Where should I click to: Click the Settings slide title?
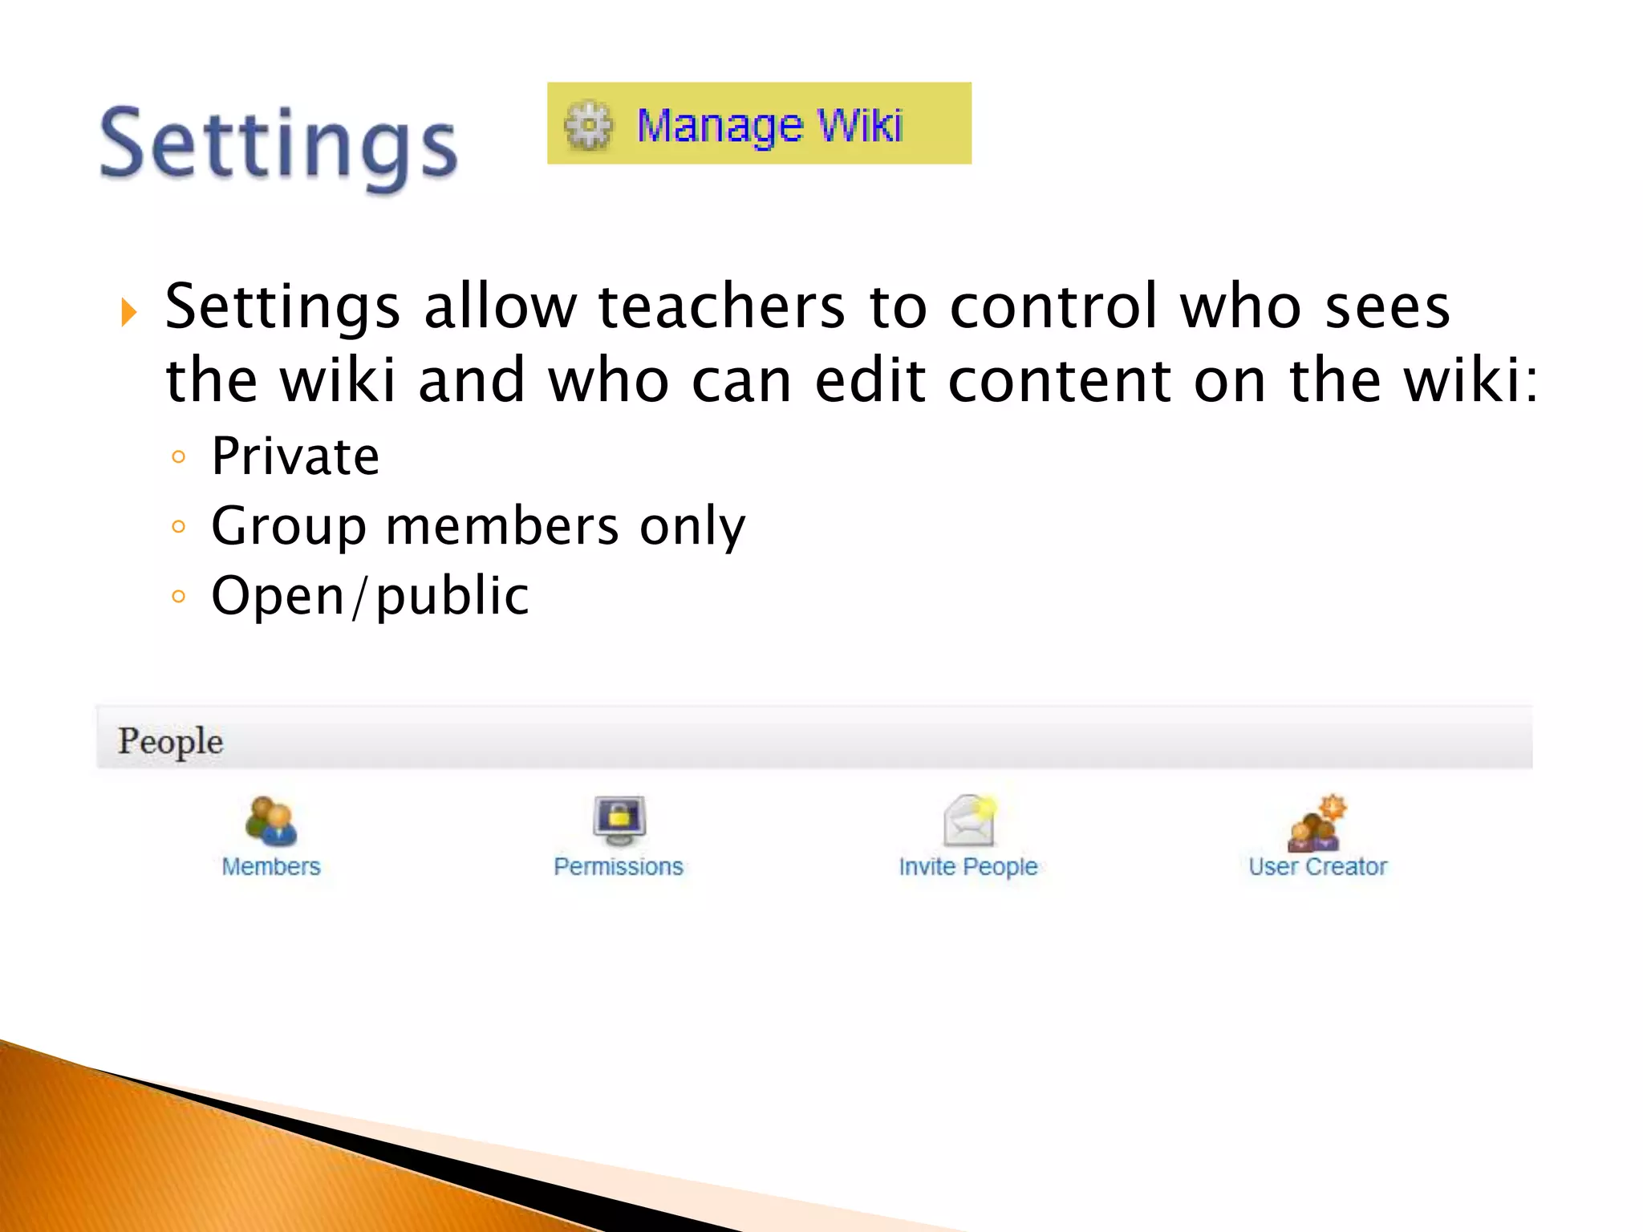click(278, 144)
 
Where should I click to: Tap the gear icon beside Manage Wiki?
click(588, 125)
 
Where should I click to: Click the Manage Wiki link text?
click(769, 126)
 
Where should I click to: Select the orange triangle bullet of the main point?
click(128, 311)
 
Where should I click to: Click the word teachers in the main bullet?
click(721, 306)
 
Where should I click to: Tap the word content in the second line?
click(1060, 380)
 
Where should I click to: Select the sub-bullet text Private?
click(295, 456)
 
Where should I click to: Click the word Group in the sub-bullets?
click(289, 526)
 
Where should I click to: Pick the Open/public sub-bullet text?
click(370, 596)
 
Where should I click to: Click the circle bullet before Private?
click(179, 457)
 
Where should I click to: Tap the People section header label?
click(170, 740)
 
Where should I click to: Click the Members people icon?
click(271, 821)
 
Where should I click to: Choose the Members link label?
click(271, 867)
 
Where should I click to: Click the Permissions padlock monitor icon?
click(619, 820)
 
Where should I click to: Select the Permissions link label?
click(619, 867)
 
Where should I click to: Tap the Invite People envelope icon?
click(970, 820)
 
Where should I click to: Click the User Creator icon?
click(1316, 823)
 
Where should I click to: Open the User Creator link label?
click(1317, 867)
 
